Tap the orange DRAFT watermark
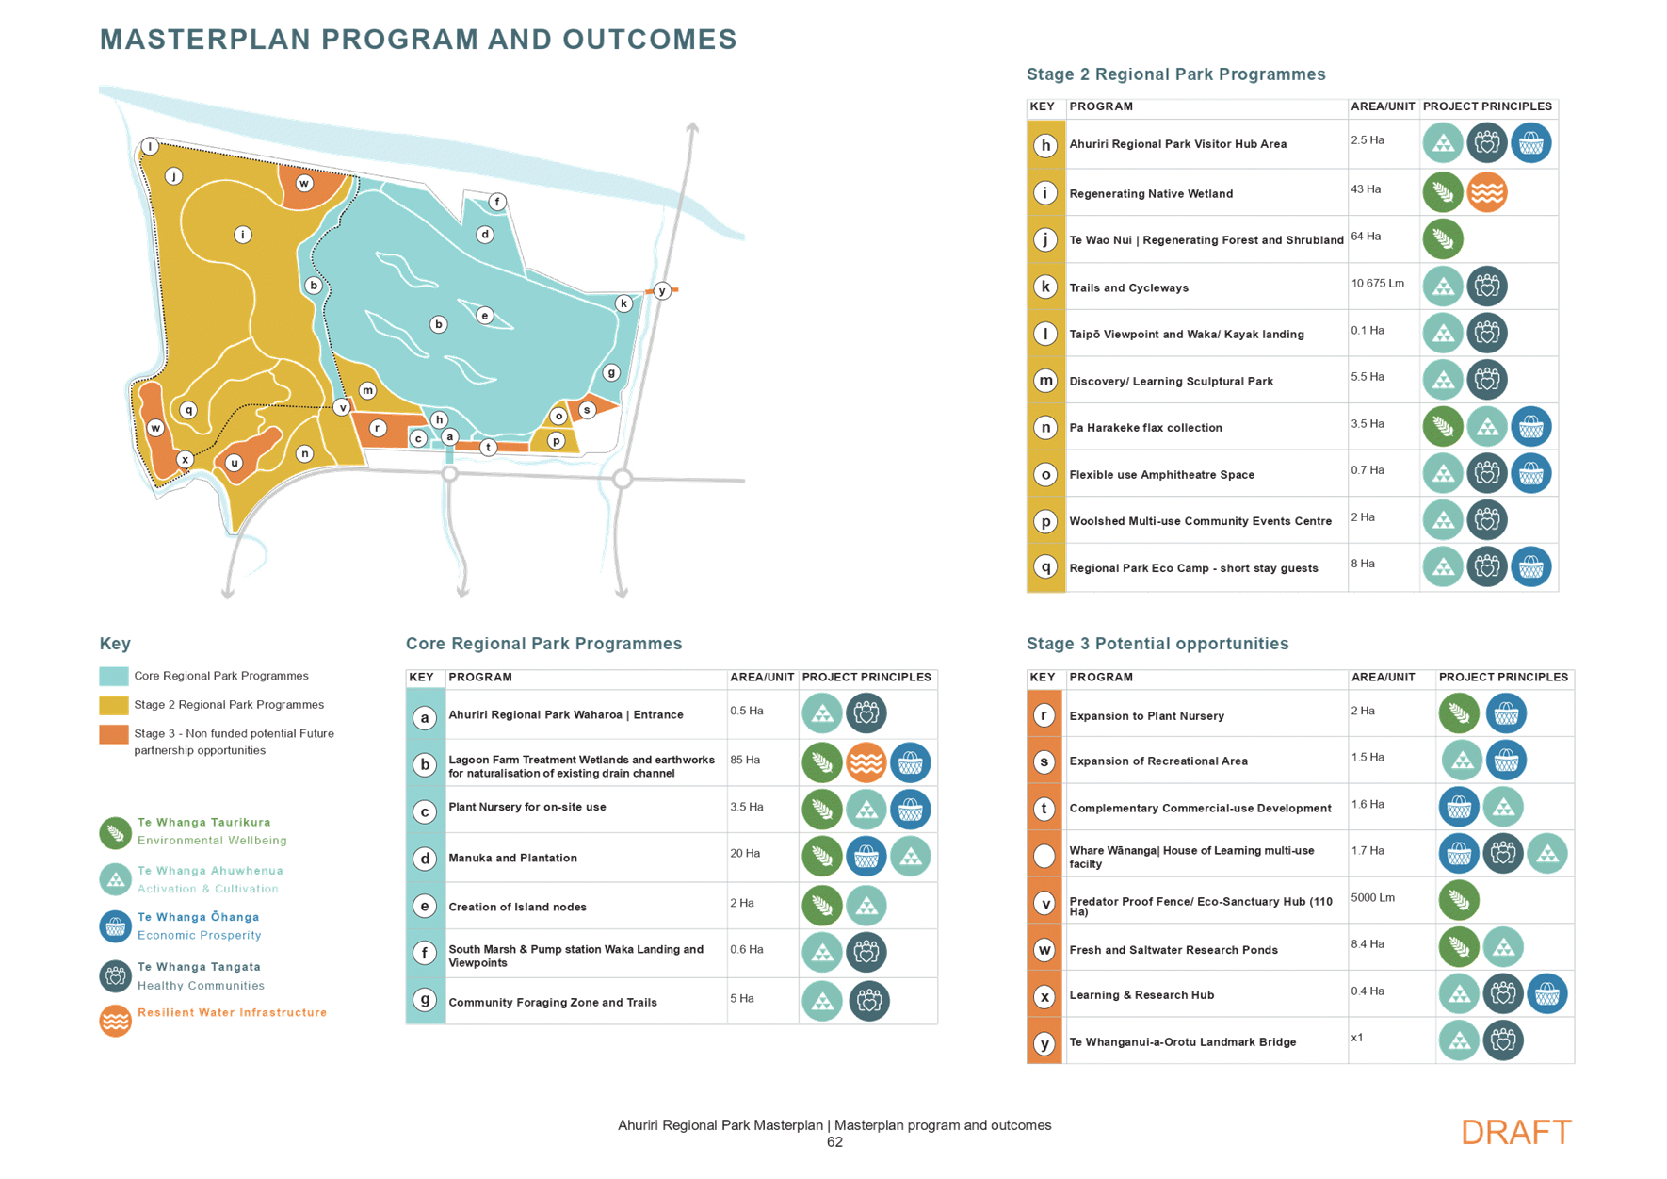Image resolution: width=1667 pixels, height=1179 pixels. tap(1516, 1132)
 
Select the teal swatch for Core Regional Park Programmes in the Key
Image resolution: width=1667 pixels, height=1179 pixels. tap(113, 676)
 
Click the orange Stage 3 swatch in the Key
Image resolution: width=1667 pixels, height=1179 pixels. tap(113, 733)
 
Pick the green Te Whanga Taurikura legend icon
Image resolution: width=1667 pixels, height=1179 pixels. tap(115, 832)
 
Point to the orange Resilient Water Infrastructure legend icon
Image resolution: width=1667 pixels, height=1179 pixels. tap(115, 1021)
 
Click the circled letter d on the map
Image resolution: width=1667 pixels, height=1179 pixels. tap(485, 235)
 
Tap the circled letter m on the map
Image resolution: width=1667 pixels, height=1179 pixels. tap(367, 390)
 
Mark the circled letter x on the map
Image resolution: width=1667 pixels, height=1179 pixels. tap(186, 459)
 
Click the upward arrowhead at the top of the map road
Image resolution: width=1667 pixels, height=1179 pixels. tap(693, 126)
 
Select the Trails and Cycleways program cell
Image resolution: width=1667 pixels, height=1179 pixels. tap(1129, 287)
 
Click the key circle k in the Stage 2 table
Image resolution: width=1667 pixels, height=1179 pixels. tap(1045, 287)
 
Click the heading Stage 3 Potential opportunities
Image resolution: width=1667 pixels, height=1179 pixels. tap(1157, 644)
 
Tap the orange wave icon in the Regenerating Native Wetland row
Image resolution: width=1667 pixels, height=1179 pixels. tap(1486, 192)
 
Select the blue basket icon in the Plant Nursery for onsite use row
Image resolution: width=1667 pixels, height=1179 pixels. tap(910, 810)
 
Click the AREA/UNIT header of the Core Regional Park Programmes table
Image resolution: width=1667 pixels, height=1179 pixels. tap(762, 678)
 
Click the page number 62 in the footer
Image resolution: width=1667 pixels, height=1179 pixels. tap(833, 1142)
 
